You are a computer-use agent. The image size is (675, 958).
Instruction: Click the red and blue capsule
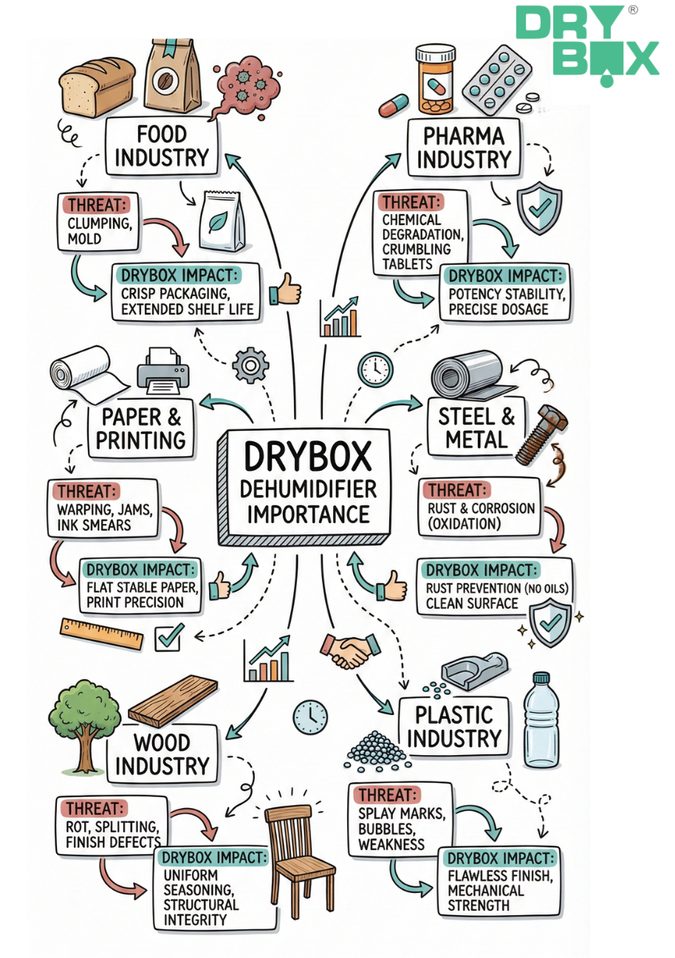393,106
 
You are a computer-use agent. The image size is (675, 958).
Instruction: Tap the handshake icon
350,649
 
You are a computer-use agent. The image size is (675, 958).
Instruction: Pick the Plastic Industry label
453,727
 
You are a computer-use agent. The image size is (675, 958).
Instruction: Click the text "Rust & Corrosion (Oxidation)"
481,515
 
